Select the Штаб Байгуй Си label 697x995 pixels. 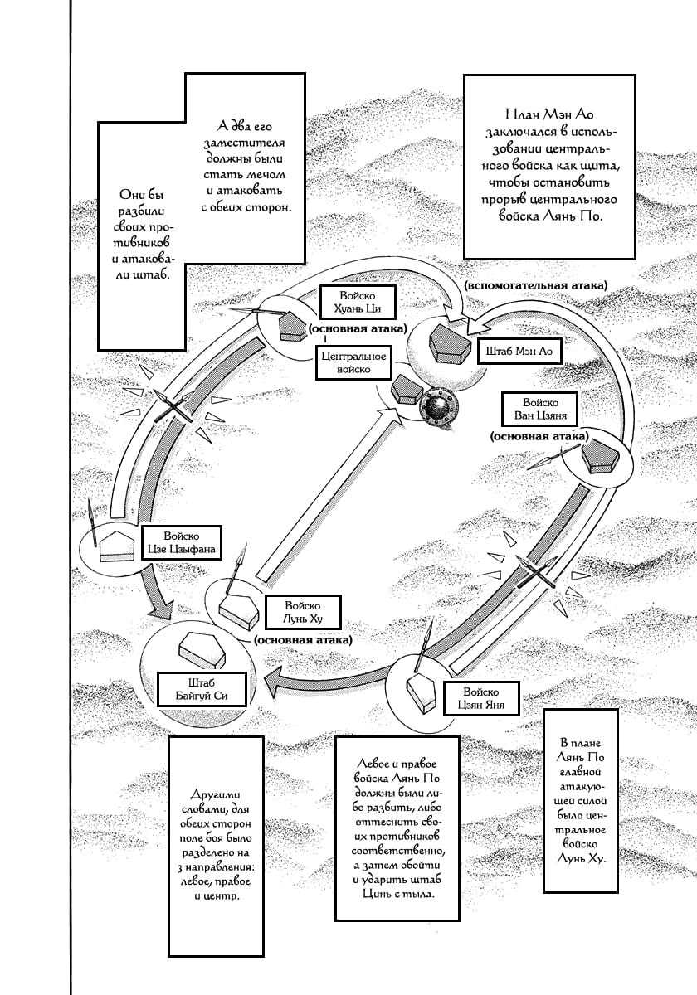click(202, 689)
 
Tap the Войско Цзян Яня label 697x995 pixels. click(480, 699)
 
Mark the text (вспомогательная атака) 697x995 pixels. click(536, 285)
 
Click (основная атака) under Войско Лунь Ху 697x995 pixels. click(303, 640)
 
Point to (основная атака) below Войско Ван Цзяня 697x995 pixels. click(539, 435)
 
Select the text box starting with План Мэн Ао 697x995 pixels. click(549, 166)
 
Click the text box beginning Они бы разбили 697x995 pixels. click(139, 236)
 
